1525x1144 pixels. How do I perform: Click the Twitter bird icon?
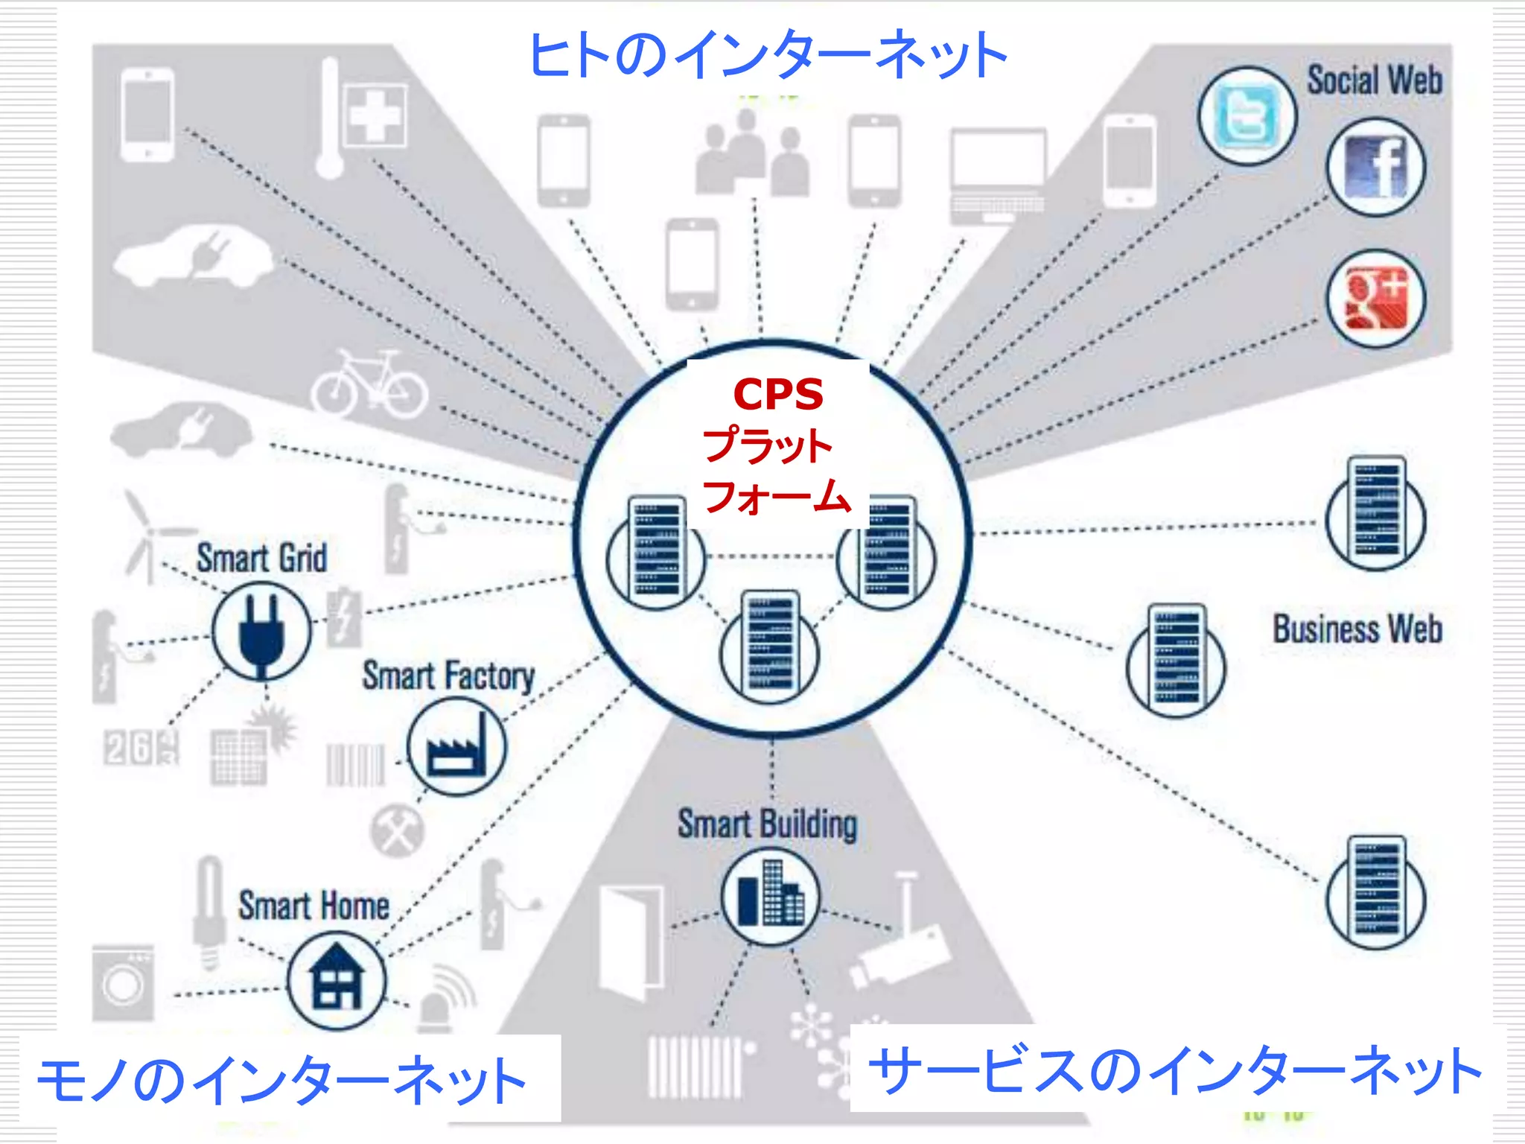(1247, 116)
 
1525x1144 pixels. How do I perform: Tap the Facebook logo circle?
(1375, 168)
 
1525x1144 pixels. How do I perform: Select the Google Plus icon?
(1375, 299)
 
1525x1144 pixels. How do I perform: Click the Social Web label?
(1375, 80)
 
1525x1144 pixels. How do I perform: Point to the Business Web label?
(1357, 629)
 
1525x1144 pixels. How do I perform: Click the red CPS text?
(778, 394)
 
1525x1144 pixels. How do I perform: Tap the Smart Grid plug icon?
(261, 631)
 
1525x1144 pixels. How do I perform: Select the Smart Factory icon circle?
(456, 747)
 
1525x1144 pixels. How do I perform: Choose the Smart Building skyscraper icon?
(770, 896)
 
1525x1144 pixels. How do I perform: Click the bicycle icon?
(369, 385)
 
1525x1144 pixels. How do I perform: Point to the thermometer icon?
(329, 119)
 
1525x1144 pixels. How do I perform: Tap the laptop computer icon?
(997, 176)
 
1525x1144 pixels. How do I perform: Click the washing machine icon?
(123, 983)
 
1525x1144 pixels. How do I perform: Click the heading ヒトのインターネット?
(767, 55)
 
